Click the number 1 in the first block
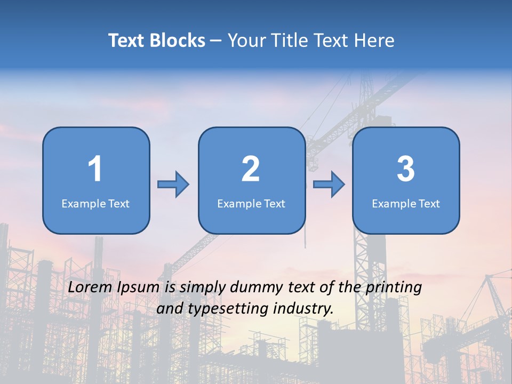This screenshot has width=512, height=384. (x=95, y=169)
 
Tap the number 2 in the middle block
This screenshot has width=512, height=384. (x=251, y=169)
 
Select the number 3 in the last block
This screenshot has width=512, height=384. (x=406, y=169)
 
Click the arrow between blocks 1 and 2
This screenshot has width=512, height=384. (x=173, y=185)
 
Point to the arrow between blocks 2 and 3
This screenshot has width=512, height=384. (x=329, y=185)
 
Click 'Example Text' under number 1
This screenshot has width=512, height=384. (x=95, y=204)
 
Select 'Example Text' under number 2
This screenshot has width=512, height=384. (x=251, y=204)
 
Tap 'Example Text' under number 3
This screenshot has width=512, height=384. (x=406, y=204)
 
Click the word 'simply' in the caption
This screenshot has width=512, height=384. (x=201, y=288)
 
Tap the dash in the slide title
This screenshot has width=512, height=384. (x=216, y=41)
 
